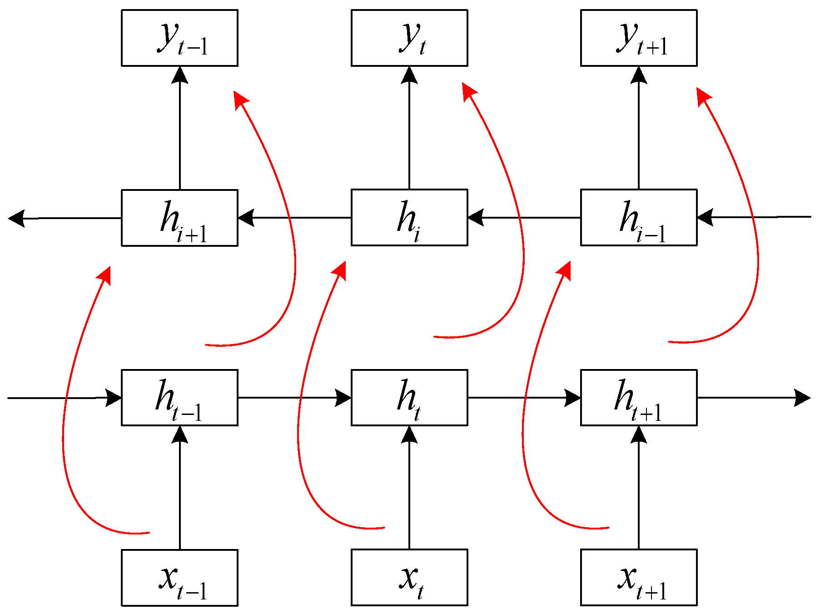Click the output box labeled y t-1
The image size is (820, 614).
coord(179,38)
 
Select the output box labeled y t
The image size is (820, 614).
coord(409,38)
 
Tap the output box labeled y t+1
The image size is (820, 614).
coord(639,38)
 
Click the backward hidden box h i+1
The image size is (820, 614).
coord(179,218)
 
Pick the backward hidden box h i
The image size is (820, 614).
coord(409,218)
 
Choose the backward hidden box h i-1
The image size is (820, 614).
coord(639,218)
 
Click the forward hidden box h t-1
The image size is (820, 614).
coord(179,398)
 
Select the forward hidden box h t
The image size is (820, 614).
coord(409,398)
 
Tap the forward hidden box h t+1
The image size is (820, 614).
coord(639,398)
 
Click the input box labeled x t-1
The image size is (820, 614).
coord(179,578)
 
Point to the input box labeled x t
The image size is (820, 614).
coord(409,578)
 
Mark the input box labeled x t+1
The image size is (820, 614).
coord(639,578)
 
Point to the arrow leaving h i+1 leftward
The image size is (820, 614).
coord(64,218)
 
